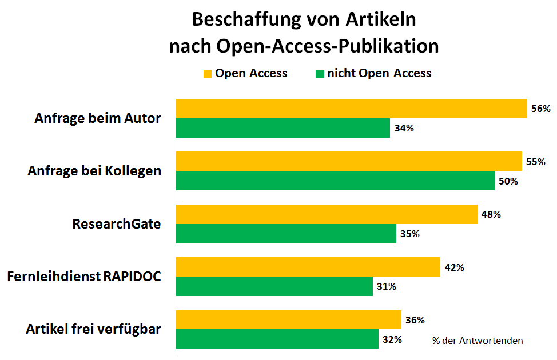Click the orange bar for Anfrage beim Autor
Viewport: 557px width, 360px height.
click(351, 109)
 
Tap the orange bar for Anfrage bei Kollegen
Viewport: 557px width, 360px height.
click(349, 161)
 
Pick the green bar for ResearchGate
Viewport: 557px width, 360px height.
click(286, 234)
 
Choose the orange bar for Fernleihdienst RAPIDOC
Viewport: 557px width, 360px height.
click(308, 267)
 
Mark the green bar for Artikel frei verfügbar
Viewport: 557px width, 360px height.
click(277, 339)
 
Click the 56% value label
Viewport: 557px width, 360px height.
click(540, 109)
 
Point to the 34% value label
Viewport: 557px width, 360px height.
click(404, 128)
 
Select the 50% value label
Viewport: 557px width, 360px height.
click(508, 181)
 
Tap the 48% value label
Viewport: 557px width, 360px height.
click(491, 214)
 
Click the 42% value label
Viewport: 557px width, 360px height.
click(454, 267)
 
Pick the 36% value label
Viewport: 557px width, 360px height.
click(415, 320)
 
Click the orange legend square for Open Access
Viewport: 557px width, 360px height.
click(208, 74)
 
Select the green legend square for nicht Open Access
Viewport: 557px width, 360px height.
click(320, 74)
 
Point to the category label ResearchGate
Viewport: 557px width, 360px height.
click(117, 224)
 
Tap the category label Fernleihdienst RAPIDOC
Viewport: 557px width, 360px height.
click(84, 277)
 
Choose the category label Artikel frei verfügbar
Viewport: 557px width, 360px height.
click(94, 330)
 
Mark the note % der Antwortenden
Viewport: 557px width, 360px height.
click(478, 341)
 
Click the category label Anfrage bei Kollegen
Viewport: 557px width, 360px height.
click(94, 171)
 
